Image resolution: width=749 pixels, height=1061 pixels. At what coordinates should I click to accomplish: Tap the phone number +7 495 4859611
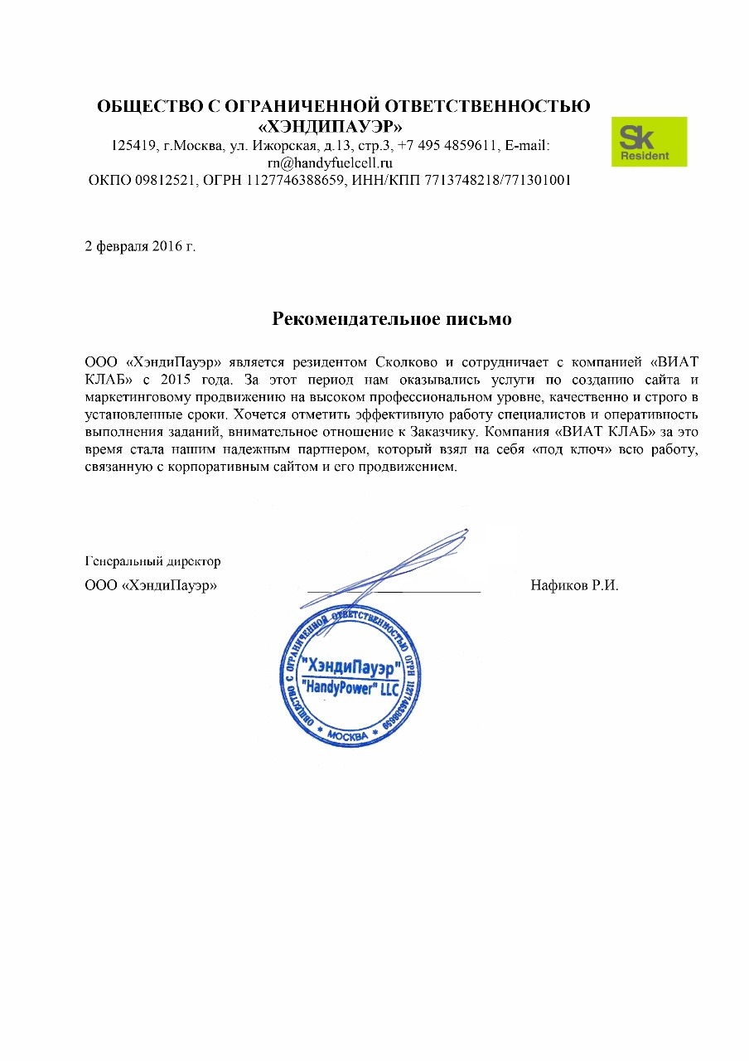[x=447, y=146]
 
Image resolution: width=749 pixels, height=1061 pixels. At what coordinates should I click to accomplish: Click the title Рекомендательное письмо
[x=392, y=318]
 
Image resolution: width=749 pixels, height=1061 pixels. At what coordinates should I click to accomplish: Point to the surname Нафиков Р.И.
[x=574, y=585]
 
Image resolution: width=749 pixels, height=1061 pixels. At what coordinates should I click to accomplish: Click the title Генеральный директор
[x=152, y=561]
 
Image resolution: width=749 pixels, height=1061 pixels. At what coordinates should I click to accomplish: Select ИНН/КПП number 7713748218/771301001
[x=496, y=180]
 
